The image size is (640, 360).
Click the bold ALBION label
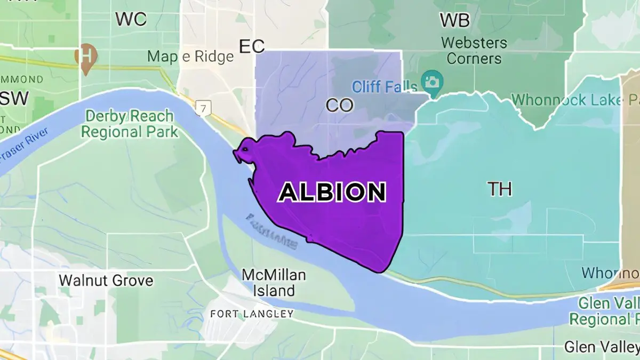tap(332, 192)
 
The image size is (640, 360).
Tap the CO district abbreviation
tap(340, 105)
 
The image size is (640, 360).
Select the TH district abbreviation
tap(500, 189)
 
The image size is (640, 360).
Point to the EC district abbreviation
tap(252, 46)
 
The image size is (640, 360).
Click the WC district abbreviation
tap(131, 19)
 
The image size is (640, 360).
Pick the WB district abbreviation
tap(454, 20)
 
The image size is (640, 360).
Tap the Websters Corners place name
tap(474, 50)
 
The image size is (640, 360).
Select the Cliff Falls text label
tap(384, 86)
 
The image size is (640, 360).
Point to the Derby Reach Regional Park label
tap(130, 124)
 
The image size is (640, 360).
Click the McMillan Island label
tap(274, 283)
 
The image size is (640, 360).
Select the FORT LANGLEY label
tap(252, 314)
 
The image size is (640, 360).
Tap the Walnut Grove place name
tap(106, 280)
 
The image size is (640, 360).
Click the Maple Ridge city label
tap(190, 56)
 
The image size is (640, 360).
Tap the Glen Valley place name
tap(602, 347)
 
